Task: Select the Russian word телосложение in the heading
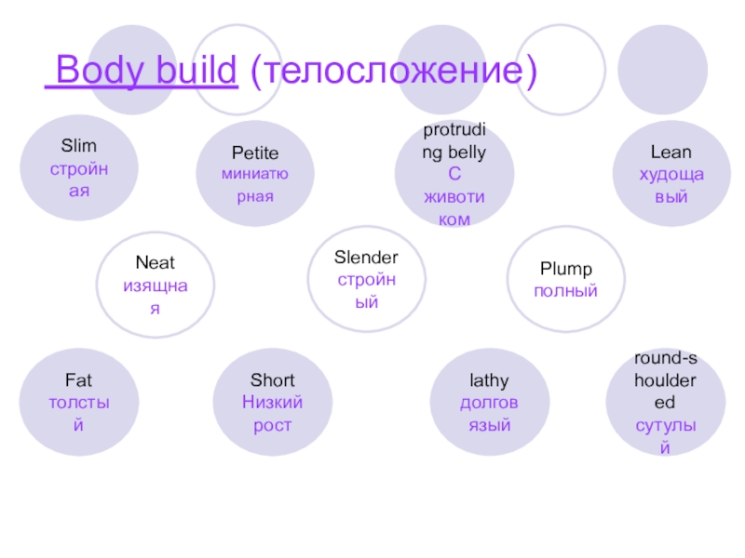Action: pos(389,71)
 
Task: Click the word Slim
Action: pos(79,146)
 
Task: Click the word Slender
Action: pos(367,258)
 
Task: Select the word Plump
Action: pos(566,270)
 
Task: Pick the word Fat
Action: pos(79,380)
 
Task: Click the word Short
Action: pos(272,380)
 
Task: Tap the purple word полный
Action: pos(566,291)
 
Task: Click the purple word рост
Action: pos(272,425)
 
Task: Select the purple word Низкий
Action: pos(272,403)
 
